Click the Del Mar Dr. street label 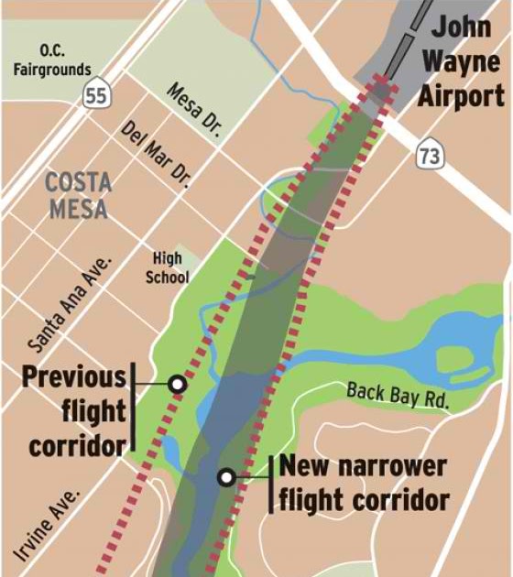click(156, 152)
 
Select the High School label click(167, 267)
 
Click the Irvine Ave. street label click(49, 526)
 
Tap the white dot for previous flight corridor click(178, 386)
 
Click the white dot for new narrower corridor click(225, 477)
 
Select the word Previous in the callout click(73, 376)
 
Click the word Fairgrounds click(51, 69)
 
